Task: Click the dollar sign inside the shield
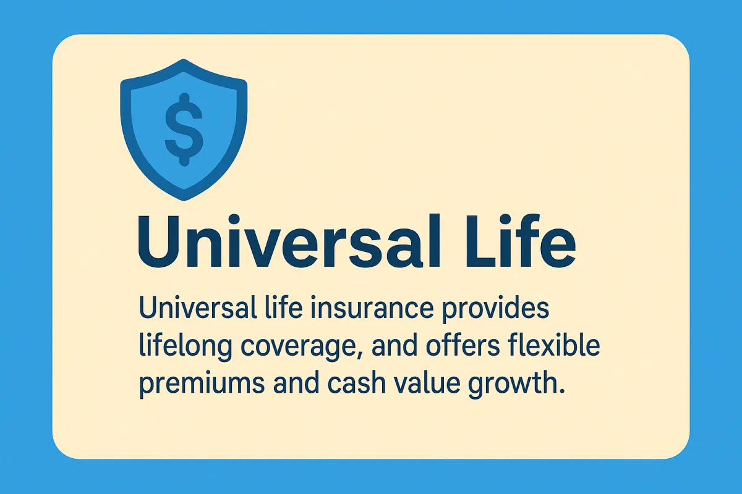(184, 130)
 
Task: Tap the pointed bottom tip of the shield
(184, 200)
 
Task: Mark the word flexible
(554, 346)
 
